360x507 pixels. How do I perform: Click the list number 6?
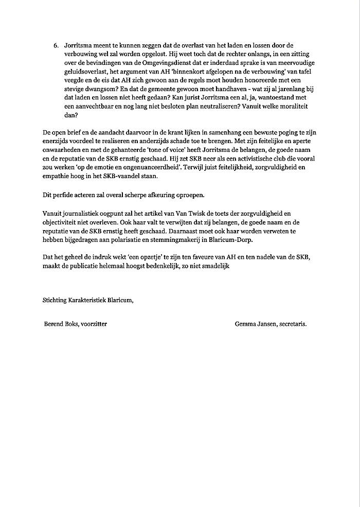(x=56, y=46)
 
